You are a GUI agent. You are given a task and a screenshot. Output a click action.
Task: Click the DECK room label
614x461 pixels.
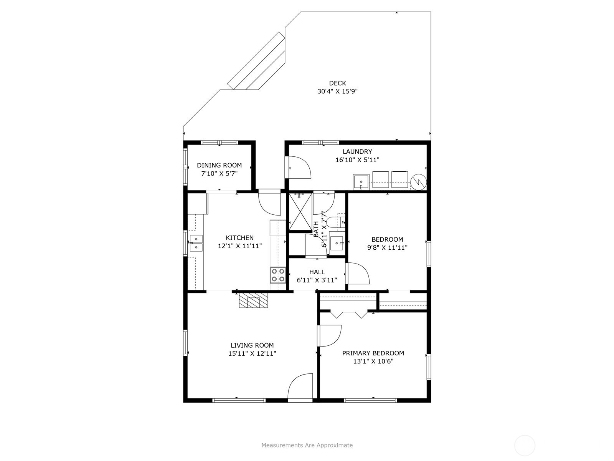pos(337,83)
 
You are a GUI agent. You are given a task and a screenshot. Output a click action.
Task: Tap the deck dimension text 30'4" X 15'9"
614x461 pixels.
pos(337,91)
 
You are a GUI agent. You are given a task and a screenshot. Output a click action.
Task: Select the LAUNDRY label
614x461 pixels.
pos(357,151)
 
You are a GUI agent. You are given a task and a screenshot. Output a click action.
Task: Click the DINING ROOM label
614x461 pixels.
pos(219,165)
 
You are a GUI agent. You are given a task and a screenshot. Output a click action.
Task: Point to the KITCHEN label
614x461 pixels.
pos(240,238)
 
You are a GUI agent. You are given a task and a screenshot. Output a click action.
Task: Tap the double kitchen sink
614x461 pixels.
pos(196,243)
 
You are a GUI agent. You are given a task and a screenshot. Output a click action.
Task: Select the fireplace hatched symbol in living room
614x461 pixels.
pos(253,300)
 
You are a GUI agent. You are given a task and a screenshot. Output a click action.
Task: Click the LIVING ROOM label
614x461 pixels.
pos(252,345)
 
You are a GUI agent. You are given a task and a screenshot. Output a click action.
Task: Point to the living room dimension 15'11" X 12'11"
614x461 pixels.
pos(252,353)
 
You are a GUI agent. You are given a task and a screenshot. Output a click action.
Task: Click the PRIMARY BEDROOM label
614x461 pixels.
pos(373,353)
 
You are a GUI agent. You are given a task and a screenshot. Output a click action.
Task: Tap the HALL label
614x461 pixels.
pos(317,272)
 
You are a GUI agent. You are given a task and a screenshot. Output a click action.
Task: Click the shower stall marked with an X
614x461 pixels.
pos(300,211)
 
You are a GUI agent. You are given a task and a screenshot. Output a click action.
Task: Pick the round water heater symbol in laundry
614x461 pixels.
pos(418,182)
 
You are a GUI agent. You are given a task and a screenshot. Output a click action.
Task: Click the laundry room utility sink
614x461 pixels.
pos(361,182)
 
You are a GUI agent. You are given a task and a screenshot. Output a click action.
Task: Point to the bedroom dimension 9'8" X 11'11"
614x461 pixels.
pos(387,247)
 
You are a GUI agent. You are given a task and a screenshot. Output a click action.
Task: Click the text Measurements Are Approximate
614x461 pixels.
pos(307,445)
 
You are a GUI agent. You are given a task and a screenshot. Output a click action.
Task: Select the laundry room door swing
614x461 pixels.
pos(300,167)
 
